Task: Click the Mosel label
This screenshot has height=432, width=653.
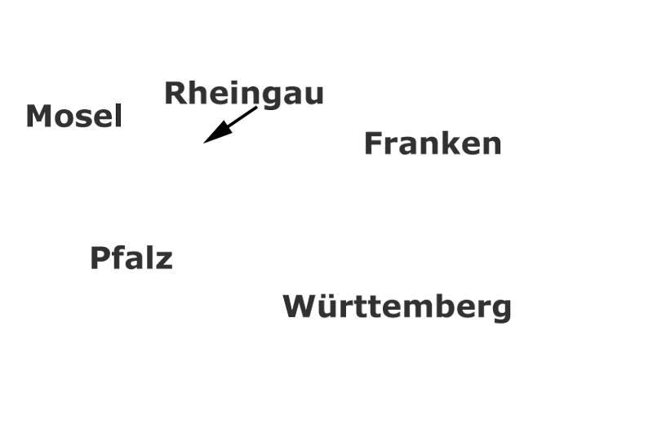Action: [x=74, y=116]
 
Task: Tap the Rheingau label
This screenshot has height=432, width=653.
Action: [x=244, y=95]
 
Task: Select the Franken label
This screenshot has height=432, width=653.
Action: [x=433, y=143]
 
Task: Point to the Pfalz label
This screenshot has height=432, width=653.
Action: [x=131, y=258]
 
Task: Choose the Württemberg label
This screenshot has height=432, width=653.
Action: [x=397, y=308]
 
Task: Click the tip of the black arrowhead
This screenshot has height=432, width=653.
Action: [x=203, y=143]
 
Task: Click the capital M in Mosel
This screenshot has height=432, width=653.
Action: [x=37, y=116]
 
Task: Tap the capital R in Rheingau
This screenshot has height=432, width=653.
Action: [x=175, y=93]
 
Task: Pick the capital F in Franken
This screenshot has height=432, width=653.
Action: [x=373, y=143]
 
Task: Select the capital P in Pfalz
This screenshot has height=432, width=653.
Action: [x=100, y=258]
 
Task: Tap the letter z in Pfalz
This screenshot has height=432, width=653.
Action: [x=164, y=261]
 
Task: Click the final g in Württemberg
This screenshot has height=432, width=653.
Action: [x=502, y=311]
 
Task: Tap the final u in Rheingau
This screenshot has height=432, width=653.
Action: [x=314, y=95]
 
